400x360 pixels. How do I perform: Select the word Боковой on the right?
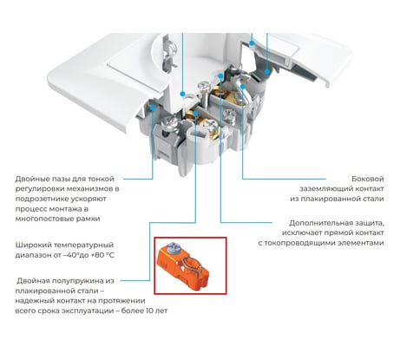pyautogui.click(x=368, y=179)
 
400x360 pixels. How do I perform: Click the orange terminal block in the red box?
pyautogui.click(x=182, y=266)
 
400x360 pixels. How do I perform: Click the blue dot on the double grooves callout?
pyautogui.click(x=153, y=108)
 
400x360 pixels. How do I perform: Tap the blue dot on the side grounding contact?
pyautogui.click(x=242, y=87)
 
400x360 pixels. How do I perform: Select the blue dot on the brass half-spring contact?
pyautogui.click(x=195, y=114)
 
